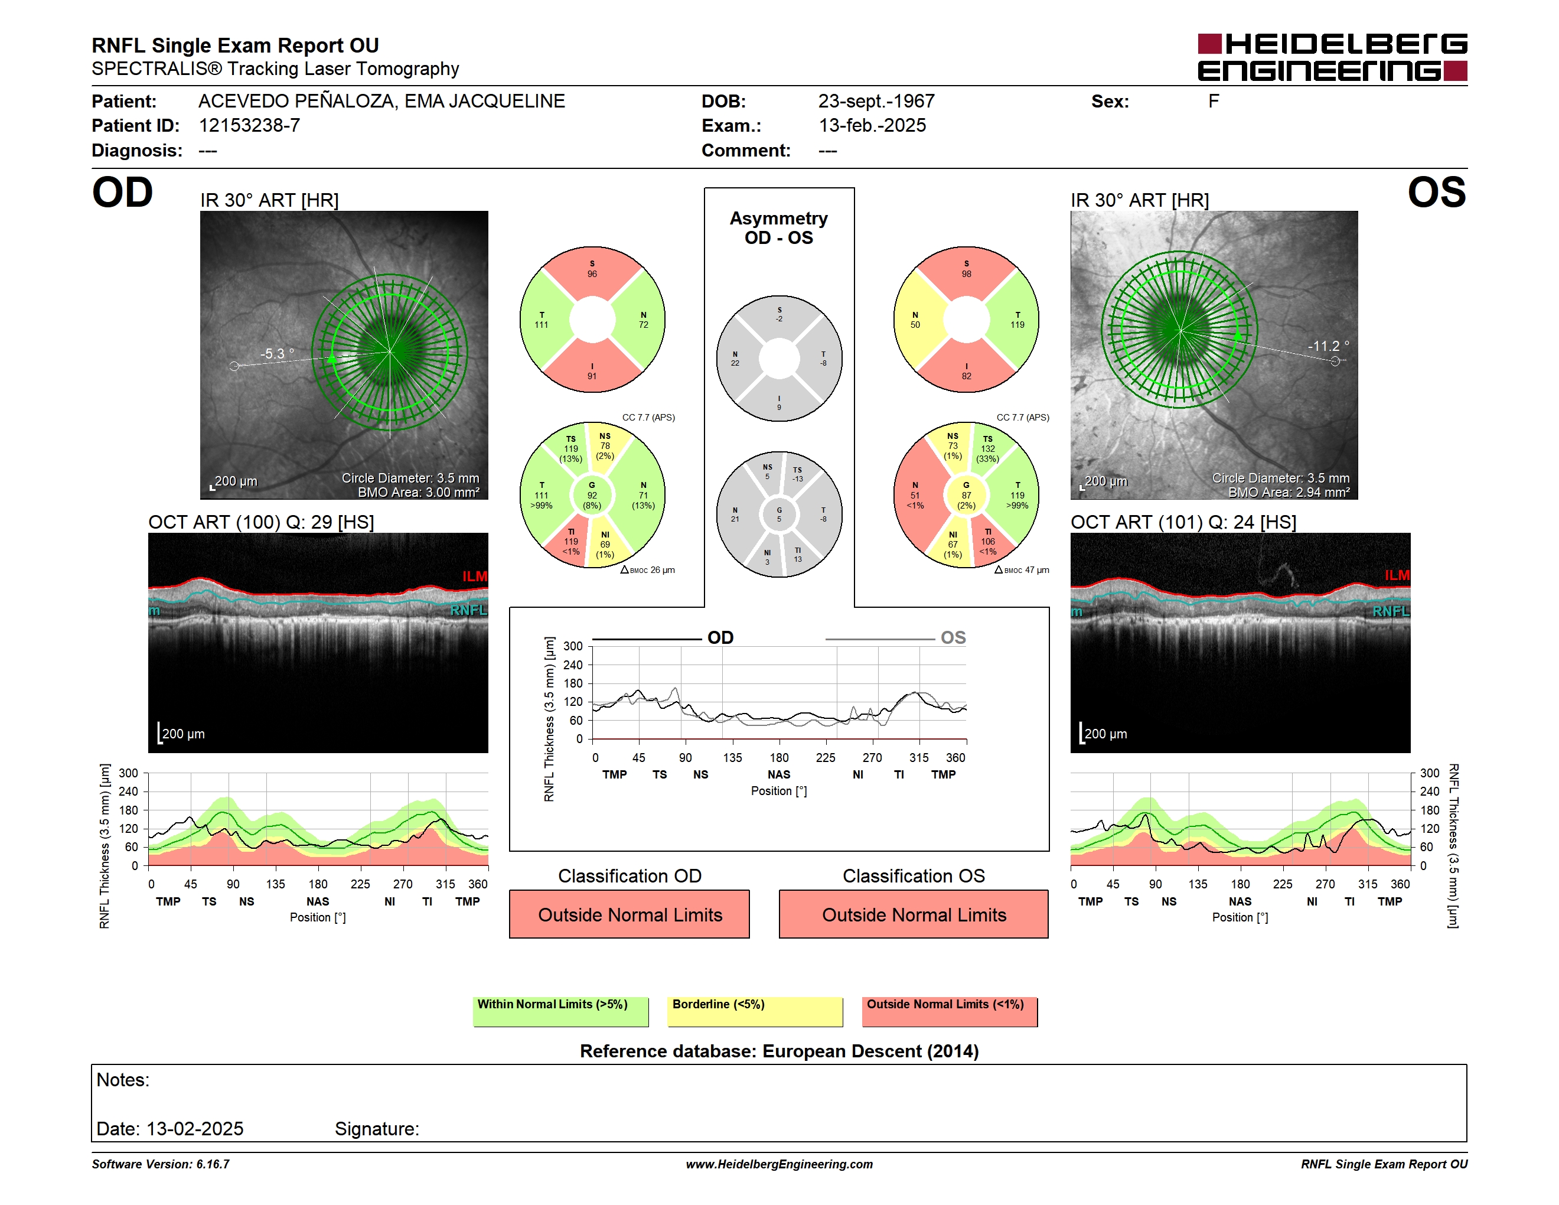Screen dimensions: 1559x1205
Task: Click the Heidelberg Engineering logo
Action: [x=1332, y=57]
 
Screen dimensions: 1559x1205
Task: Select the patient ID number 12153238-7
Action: [x=249, y=126]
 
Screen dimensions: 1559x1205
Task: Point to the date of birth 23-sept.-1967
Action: [x=876, y=102]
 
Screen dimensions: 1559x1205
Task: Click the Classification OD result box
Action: [x=630, y=914]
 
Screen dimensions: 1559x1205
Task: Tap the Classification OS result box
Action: [x=914, y=914]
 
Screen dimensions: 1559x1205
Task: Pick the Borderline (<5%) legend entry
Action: [x=755, y=1011]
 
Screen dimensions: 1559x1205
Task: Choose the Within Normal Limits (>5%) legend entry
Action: [x=561, y=1011]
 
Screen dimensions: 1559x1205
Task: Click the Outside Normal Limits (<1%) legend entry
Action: [x=950, y=1011]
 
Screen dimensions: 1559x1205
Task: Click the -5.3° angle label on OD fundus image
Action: [x=277, y=353]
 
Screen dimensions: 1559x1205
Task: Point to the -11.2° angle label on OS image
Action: [x=1329, y=346]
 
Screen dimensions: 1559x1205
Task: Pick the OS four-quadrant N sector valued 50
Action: [x=916, y=320]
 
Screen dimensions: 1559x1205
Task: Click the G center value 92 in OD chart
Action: [x=592, y=495]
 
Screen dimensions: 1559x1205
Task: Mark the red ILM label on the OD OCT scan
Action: [x=475, y=576]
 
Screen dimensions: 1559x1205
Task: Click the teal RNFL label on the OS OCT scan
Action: [x=1391, y=611]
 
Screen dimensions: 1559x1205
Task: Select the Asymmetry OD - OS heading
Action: [x=779, y=228]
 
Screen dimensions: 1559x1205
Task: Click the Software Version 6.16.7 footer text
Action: [x=161, y=1164]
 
